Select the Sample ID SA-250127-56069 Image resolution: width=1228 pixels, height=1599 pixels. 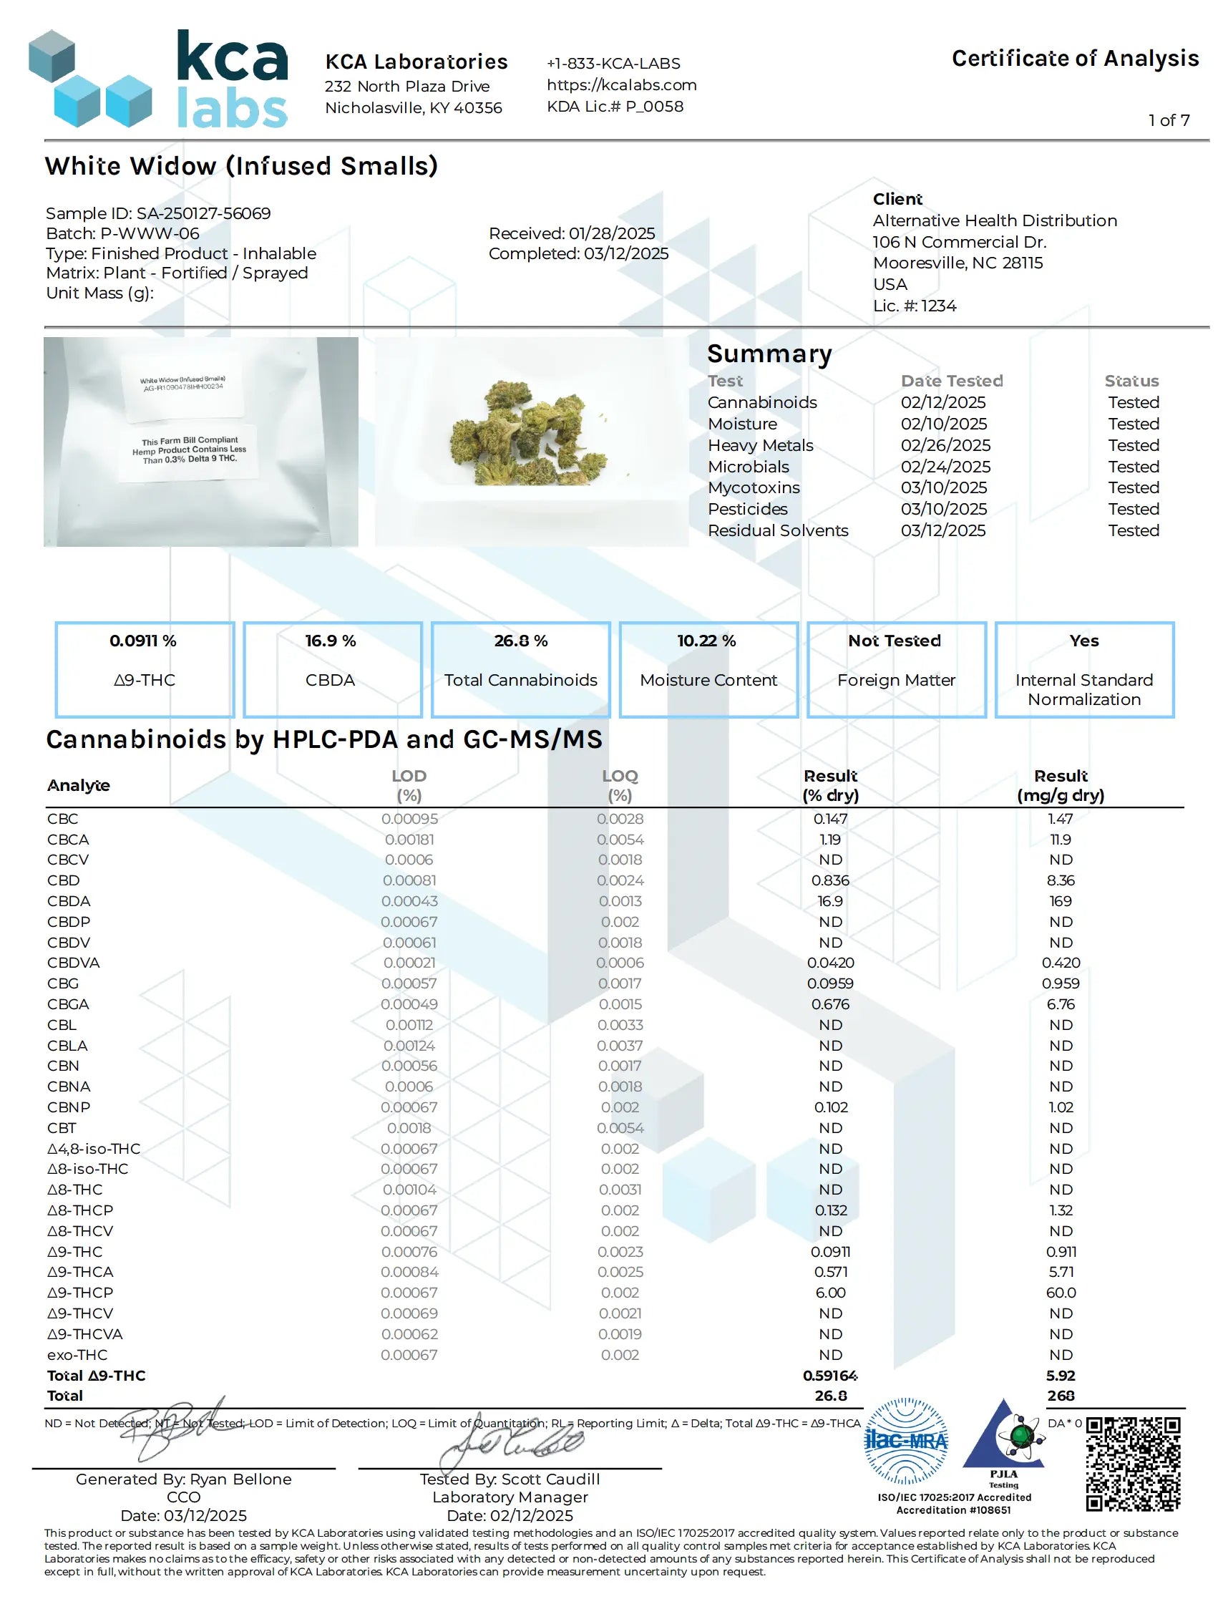tap(203, 213)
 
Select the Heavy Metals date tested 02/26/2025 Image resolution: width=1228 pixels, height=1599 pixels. tap(945, 445)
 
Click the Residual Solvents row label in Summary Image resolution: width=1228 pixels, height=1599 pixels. tap(778, 531)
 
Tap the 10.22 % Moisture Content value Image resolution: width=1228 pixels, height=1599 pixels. tap(706, 641)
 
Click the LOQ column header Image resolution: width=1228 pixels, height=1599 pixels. tap(620, 777)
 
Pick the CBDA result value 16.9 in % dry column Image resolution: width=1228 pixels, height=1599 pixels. tap(829, 901)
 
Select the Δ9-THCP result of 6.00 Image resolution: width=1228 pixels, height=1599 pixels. tap(830, 1293)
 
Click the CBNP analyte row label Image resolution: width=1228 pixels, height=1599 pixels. tap(69, 1108)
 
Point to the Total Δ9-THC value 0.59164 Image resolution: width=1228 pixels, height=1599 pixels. tap(829, 1376)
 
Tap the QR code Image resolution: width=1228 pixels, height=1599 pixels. tap(1132, 1464)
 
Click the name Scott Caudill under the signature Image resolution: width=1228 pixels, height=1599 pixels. tap(550, 1479)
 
